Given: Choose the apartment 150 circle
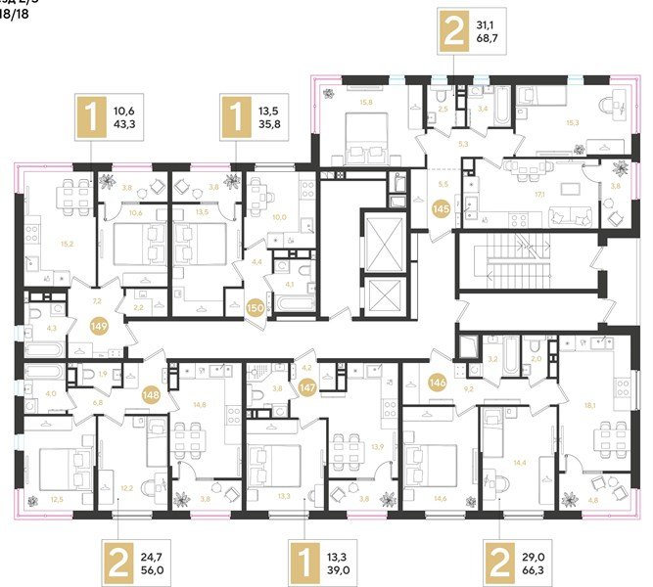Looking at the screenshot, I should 256,308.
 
